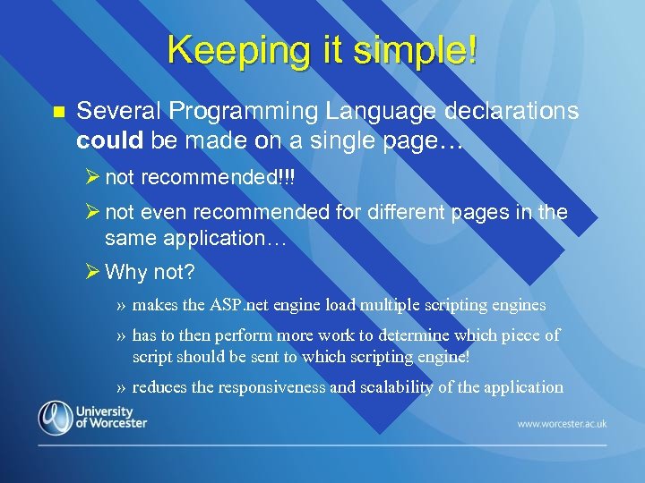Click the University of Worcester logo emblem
[55, 418]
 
